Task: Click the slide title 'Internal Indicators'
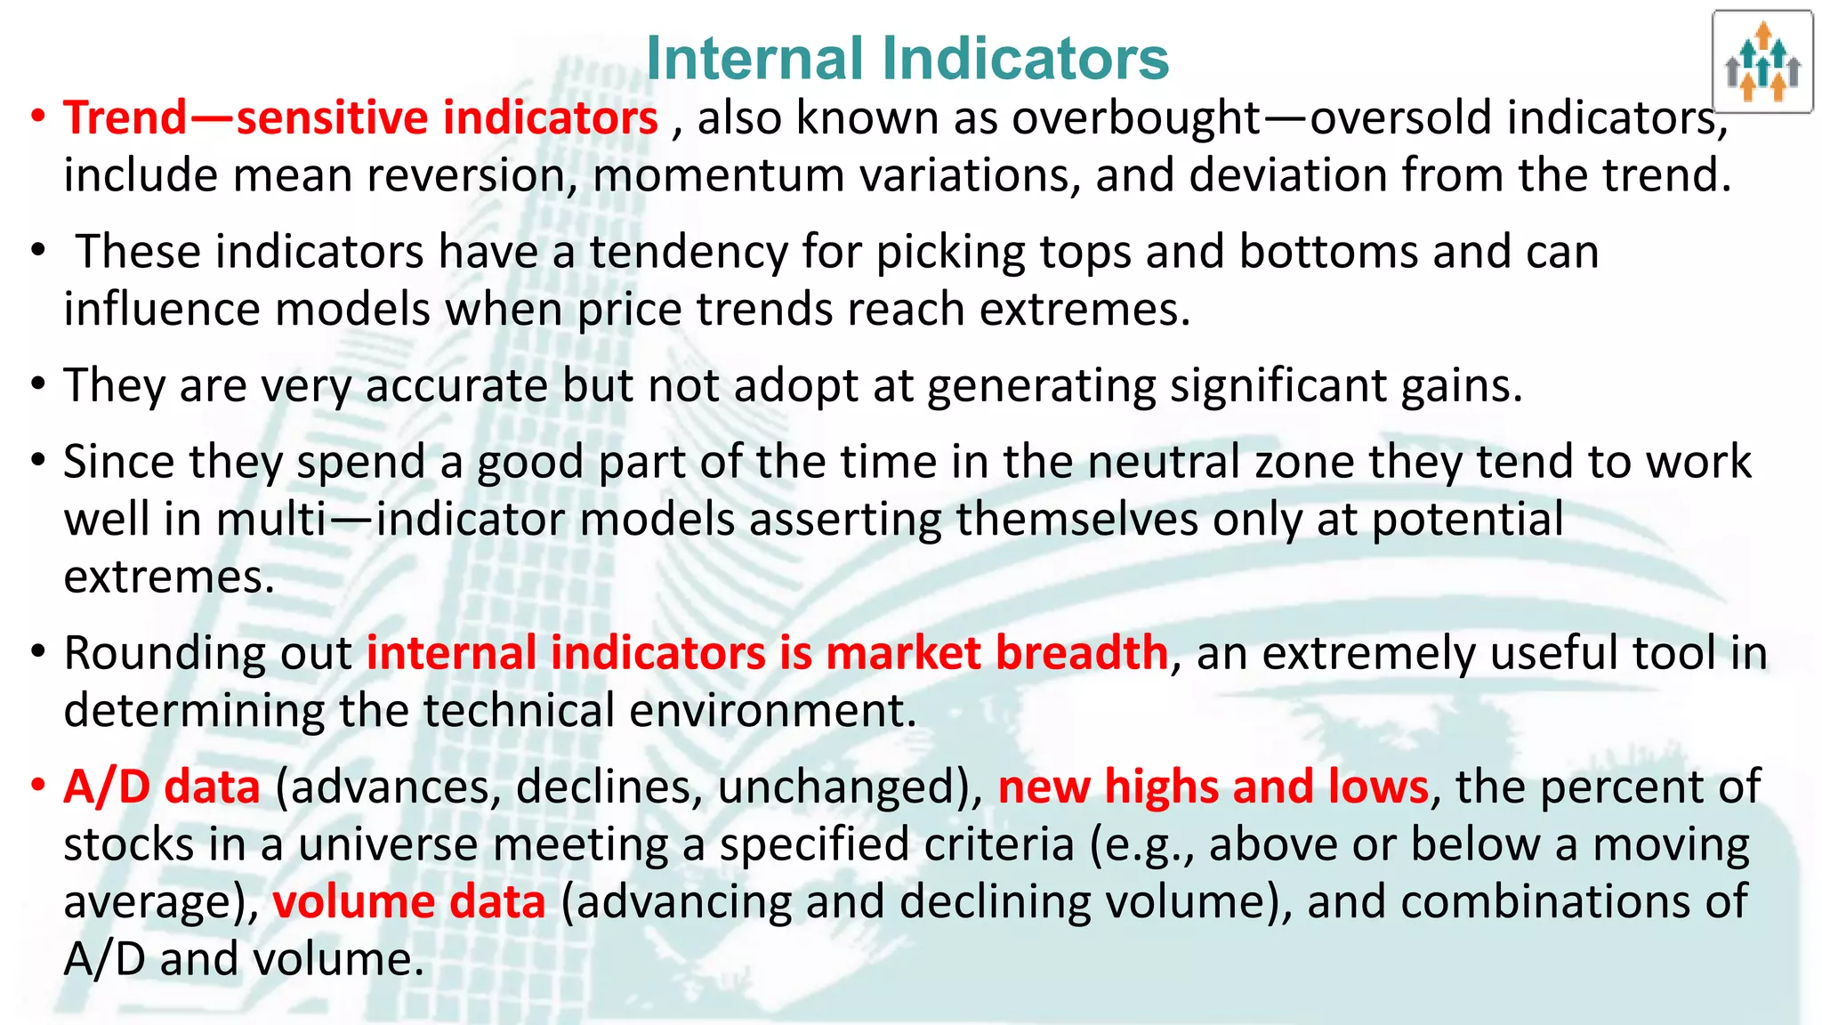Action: (907, 59)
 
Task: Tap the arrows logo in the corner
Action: (1762, 62)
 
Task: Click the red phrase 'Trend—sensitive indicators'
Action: (360, 118)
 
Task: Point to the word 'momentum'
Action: (718, 175)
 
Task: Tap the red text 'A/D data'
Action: (162, 787)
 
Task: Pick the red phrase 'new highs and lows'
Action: (1213, 787)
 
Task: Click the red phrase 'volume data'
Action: (408, 902)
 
